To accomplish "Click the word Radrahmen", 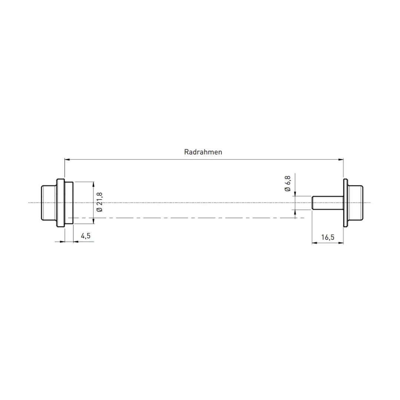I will (x=203, y=152).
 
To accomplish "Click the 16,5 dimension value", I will (x=327, y=237).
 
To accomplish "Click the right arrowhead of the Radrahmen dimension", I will (x=341, y=160).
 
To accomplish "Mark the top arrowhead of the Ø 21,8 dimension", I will (x=94, y=183).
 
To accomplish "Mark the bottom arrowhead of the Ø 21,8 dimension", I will (x=94, y=222).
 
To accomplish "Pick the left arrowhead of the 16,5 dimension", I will (x=314, y=243).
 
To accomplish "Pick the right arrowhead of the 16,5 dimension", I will (x=341, y=243).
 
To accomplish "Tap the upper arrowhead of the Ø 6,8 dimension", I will (x=295, y=194).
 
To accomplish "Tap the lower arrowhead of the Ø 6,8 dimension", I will (x=295, y=211).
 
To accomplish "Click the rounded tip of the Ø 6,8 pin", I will (x=313, y=203).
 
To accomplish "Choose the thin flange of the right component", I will (x=346, y=203).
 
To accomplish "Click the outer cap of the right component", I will (x=356, y=203).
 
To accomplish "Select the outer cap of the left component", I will (x=49, y=203).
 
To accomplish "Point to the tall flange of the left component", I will (x=60, y=203).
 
